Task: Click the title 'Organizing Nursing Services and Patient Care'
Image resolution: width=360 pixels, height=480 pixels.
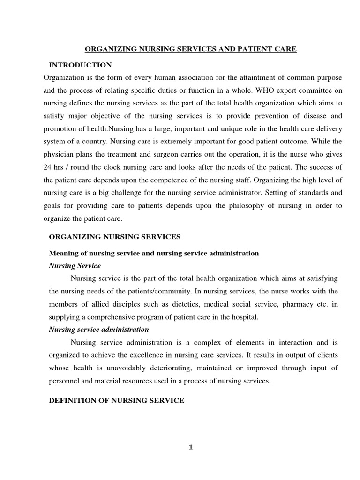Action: click(x=190, y=49)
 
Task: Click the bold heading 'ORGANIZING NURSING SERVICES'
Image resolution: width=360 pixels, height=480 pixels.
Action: click(x=115, y=237)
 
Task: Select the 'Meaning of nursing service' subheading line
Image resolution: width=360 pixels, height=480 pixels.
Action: click(x=154, y=253)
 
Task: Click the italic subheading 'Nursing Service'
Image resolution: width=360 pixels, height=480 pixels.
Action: click(x=75, y=266)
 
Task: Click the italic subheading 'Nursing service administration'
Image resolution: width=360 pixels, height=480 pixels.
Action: click(x=99, y=330)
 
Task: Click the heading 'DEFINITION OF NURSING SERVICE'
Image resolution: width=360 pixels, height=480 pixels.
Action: click(x=117, y=400)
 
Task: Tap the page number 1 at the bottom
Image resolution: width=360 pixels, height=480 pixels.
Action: click(x=191, y=447)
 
